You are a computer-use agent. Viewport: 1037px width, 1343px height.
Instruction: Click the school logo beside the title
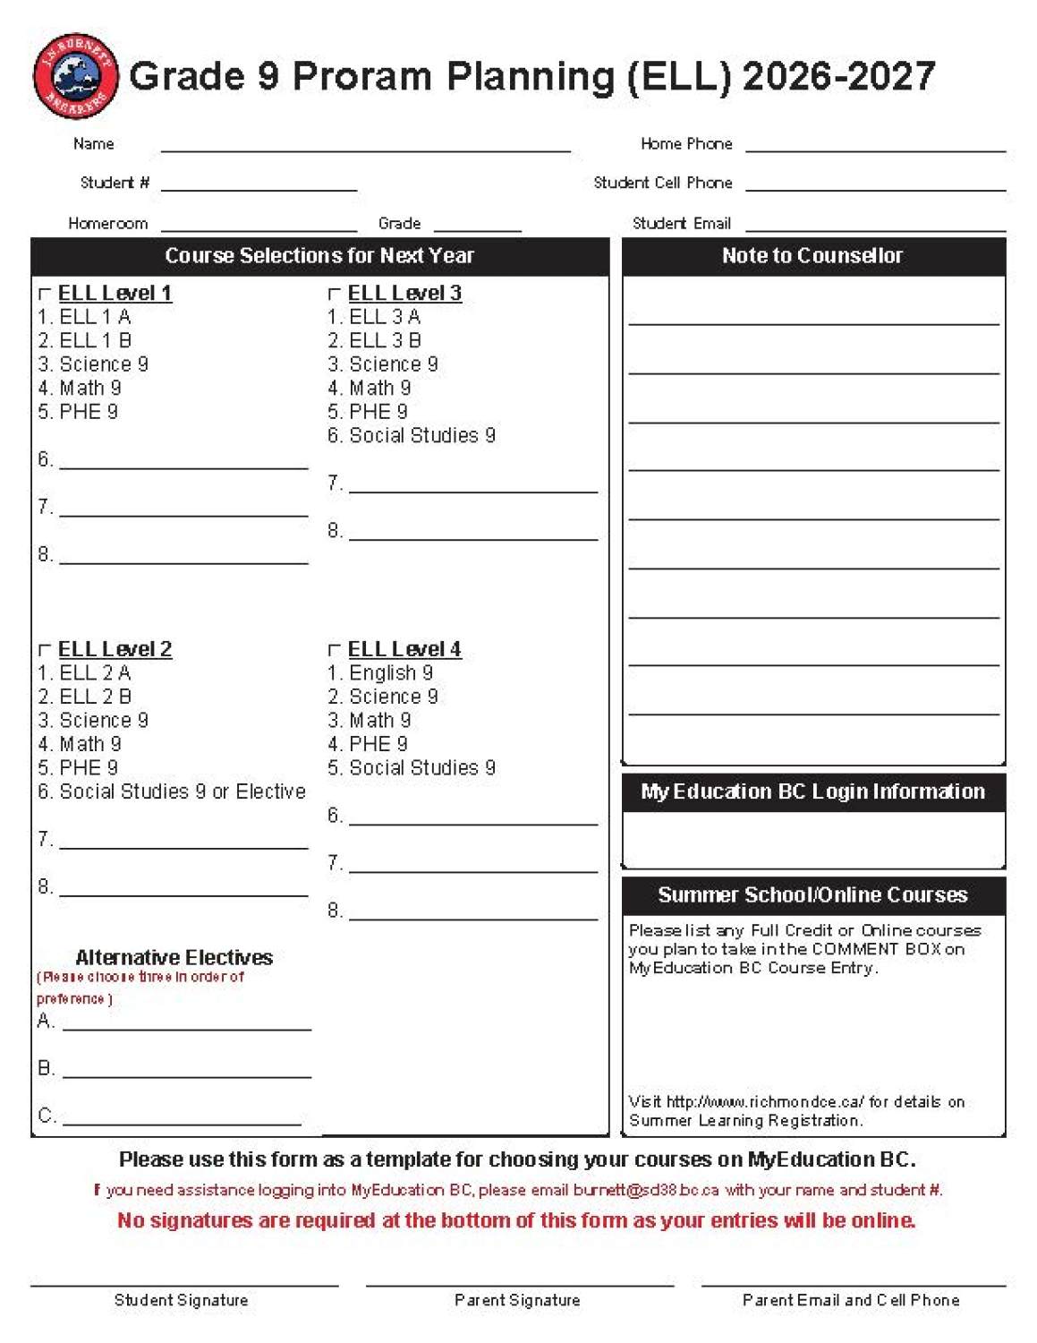(x=75, y=76)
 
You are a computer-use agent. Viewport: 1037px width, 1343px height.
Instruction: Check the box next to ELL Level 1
(x=45, y=294)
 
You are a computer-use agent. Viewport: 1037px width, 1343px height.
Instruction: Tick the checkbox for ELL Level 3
(x=335, y=294)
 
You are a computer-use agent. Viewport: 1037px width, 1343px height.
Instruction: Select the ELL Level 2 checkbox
(x=45, y=650)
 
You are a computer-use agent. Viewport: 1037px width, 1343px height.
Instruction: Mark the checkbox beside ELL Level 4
(x=335, y=650)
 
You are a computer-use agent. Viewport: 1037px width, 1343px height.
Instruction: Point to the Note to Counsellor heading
(x=812, y=256)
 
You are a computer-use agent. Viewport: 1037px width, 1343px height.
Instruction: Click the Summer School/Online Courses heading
(x=812, y=894)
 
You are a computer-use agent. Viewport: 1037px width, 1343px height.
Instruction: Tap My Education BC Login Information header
(x=812, y=791)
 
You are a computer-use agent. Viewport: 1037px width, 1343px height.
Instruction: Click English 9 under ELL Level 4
(x=391, y=673)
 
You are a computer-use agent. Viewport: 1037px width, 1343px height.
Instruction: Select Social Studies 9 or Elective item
(x=183, y=791)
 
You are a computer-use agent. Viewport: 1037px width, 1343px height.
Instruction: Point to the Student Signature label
(x=182, y=1300)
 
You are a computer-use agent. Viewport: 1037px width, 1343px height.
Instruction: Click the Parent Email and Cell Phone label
(x=851, y=1300)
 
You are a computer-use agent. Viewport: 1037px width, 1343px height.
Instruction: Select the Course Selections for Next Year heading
(x=319, y=256)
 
